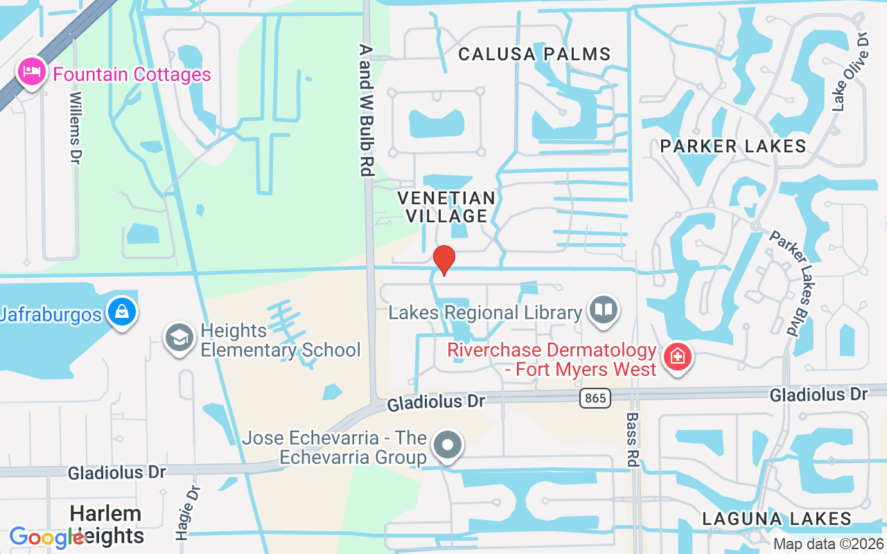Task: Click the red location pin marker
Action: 443,260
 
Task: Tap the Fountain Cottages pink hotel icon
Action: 32,72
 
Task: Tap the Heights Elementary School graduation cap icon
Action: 179,338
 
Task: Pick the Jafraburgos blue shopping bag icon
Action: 122,312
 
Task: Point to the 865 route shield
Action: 595,397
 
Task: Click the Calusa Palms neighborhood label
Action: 534,54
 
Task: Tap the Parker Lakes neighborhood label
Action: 733,146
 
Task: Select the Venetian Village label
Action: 447,207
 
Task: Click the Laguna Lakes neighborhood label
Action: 777,519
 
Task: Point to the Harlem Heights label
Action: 106,524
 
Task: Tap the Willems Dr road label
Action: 76,128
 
